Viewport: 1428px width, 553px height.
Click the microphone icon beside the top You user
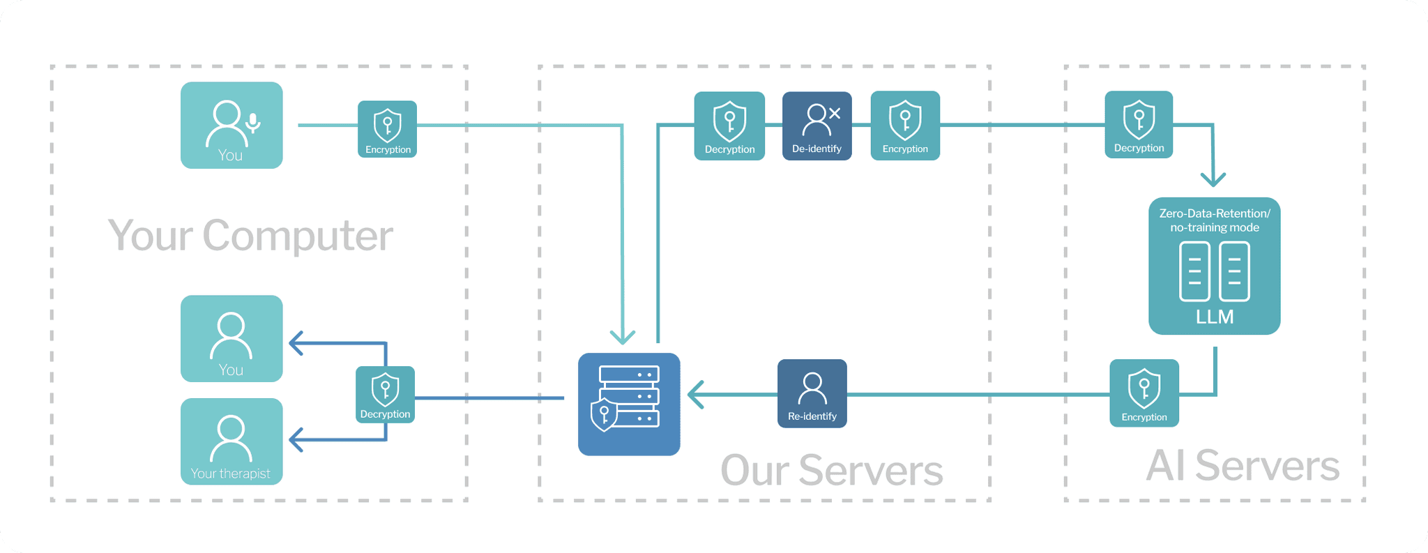[x=253, y=123]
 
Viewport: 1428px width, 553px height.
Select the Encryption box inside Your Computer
[x=387, y=129]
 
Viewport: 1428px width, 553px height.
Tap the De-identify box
[x=816, y=126]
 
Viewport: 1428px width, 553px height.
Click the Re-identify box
[x=812, y=393]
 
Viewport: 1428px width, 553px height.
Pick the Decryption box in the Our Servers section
[x=729, y=126]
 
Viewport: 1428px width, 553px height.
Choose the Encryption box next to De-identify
[x=905, y=126]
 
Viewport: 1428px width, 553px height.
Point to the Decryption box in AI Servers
[x=1139, y=125]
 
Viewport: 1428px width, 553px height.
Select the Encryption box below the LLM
[x=1144, y=393]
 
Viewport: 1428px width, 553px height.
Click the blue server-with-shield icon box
[x=629, y=404]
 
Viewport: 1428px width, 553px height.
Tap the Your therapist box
[x=231, y=441]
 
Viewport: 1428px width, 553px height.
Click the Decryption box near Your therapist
[x=385, y=395]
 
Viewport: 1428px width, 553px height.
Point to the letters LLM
[x=1215, y=317]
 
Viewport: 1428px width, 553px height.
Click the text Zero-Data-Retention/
[x=1215, y=213]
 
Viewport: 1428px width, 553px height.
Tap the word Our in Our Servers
[x=754, y=471]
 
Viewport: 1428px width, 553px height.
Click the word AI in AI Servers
[x=1166, y=466]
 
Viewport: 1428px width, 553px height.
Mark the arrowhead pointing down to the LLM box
[x=1213, y=179]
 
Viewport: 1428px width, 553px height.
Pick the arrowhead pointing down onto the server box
[x=623, y=338]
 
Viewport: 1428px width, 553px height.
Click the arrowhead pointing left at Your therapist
[x=296, y=440]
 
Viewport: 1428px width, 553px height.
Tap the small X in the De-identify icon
[x=835, y=113]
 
